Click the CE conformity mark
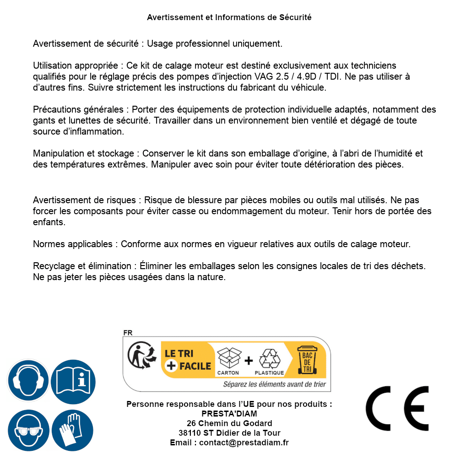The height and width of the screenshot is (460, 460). tap(397, 408)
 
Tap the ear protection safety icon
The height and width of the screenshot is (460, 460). tap(28, 380)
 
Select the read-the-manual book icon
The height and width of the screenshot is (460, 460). tap(73, 380)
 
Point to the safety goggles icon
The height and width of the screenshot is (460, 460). tap(28, 430)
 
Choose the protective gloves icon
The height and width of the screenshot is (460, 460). tap(73, 430)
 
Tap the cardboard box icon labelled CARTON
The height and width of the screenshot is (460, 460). tap(228, 358)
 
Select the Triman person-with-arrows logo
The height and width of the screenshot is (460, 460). tap(140, 356)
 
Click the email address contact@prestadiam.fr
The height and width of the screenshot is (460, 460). tap(244, 443)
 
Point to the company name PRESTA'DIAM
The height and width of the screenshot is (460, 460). tap(229, 414)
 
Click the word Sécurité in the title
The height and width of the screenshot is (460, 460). tap(295, 17)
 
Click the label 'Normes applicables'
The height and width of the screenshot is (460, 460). tap(72, 244)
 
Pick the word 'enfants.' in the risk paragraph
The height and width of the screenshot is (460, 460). tap(49, 222)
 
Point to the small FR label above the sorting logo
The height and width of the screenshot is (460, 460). tap(128, 333)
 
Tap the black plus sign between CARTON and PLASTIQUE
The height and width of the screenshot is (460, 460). tap(249, 360)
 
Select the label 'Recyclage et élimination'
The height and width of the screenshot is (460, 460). tap(82, 266)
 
